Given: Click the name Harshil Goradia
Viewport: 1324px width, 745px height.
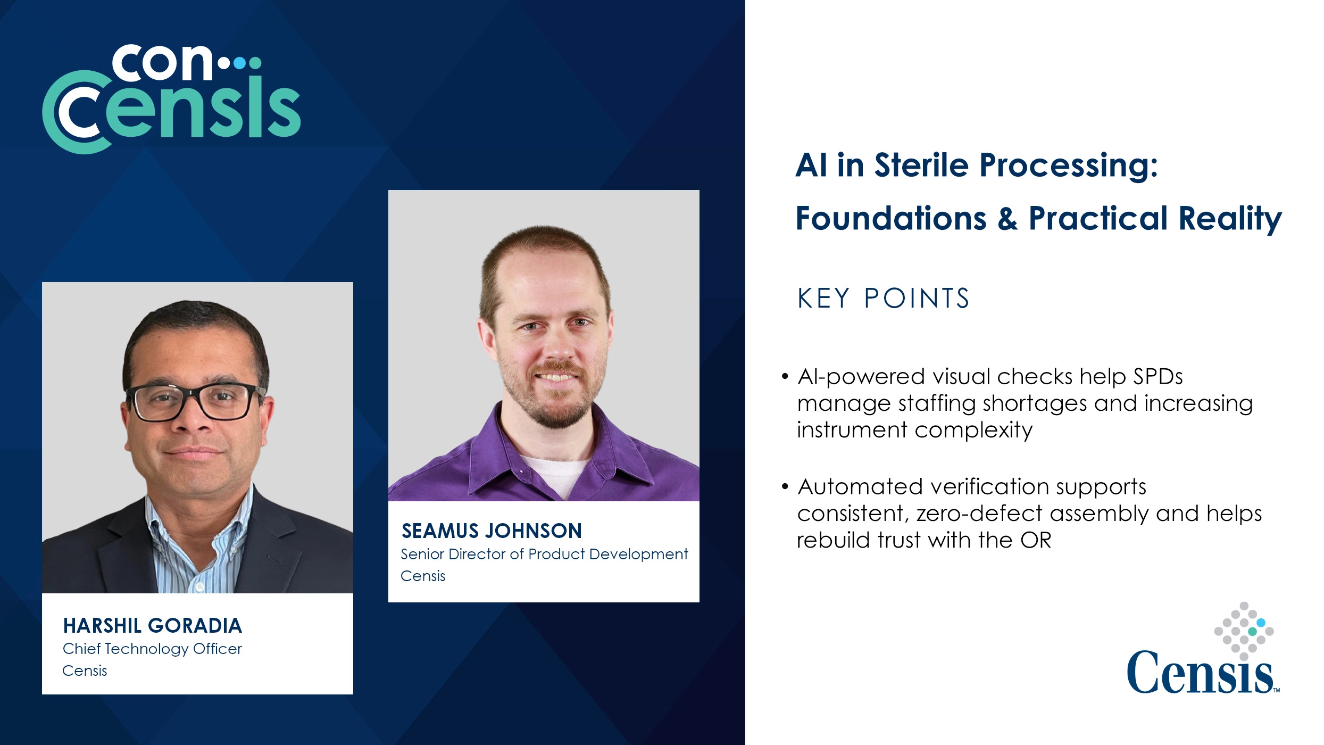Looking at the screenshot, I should click(x=152, y=626).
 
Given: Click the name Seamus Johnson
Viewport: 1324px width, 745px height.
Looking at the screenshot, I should click(x=492, y=531).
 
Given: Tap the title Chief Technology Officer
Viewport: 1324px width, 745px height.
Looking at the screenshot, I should click(x=152, y=649).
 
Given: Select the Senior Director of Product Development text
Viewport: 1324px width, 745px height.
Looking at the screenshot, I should click(x=544, y=554).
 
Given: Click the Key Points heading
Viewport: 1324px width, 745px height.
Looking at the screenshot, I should click(x=883, y=298).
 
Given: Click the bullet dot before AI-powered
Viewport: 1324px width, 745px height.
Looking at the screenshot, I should click(x=785, y=377).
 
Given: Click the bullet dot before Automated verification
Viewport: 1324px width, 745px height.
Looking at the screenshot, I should click(x=785, y=487).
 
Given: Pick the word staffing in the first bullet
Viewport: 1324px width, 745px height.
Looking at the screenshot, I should click(x=937, y=403).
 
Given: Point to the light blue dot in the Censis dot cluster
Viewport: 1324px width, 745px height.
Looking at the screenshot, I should click(x=1261, y=623).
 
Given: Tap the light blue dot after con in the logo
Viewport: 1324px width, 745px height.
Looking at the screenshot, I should click(x=240, y=63).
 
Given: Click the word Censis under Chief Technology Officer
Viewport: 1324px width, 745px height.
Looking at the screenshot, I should click(x=85, y=671).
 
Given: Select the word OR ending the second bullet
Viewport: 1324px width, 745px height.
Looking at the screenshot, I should click(x=1036, y=540).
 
